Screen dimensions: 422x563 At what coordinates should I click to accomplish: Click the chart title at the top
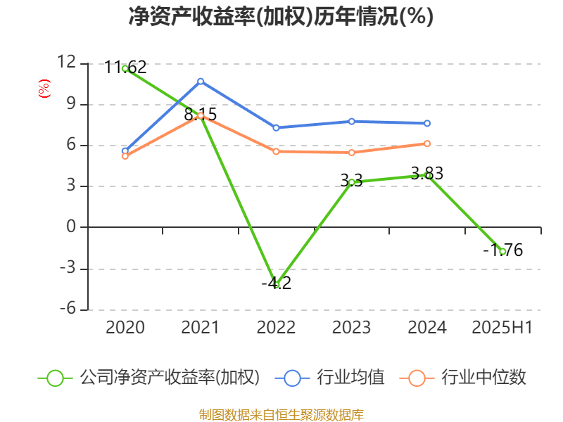(281, 16)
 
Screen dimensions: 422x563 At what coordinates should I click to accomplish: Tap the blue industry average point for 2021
(201, 81)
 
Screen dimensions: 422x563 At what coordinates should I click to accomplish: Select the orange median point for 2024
(426, 143)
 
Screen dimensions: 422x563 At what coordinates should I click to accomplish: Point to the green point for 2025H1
(502, 251)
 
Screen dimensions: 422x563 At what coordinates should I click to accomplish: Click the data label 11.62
(125, 68)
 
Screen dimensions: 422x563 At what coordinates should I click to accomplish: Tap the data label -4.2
(276, 283)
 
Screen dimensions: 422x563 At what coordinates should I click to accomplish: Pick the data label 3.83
(427, 173)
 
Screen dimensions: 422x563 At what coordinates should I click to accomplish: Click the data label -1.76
(502, 250)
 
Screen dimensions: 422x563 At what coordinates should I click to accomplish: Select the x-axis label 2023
(351, 327)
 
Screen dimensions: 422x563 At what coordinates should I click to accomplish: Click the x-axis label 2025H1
(502, 327)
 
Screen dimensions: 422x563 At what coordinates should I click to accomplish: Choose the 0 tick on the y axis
(71, 227)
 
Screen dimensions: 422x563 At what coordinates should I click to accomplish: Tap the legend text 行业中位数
(483, 378)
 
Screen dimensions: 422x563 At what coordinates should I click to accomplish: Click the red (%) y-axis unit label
(44, 89)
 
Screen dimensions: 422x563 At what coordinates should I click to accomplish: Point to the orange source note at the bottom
(281, 414)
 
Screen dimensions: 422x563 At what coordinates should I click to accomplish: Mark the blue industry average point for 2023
(351, 121)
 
